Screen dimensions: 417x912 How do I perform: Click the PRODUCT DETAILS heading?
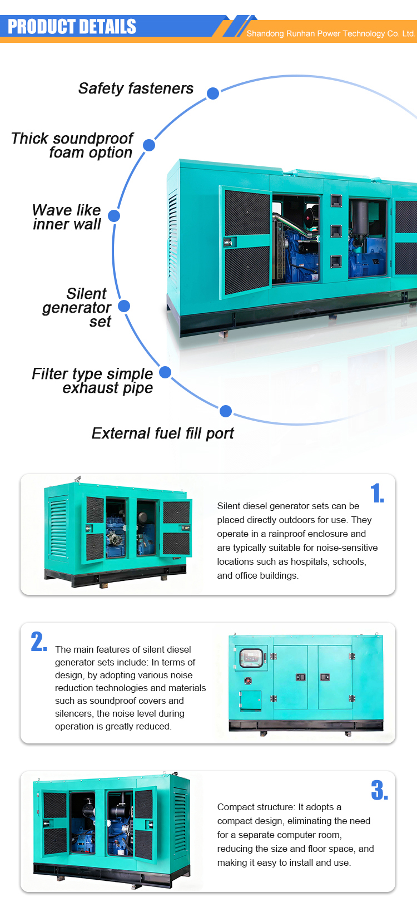coord(72,27)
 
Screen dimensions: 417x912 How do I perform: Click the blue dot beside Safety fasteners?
coord(213,93)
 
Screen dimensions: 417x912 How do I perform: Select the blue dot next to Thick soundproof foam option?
coord(149,145)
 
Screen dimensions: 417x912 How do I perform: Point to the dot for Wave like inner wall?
coord(114,216)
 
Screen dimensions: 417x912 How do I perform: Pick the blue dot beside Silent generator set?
coord(124,306)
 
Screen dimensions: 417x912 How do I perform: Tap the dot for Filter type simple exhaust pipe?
coord(165,372)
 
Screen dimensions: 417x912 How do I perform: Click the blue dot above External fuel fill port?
coord(226,411)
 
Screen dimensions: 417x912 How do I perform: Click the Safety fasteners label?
coord(136,88)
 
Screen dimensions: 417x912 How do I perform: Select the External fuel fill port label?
coord(163,433)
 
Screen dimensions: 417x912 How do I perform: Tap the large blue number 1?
coord(377,493)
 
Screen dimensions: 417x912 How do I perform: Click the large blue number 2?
coord(39,642)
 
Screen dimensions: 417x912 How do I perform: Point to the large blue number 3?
coord(380,790)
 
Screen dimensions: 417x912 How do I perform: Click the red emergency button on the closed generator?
coord(248,681)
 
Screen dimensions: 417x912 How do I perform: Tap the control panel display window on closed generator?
coord(251,657)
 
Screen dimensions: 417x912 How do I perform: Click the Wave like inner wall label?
coord(67,217)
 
